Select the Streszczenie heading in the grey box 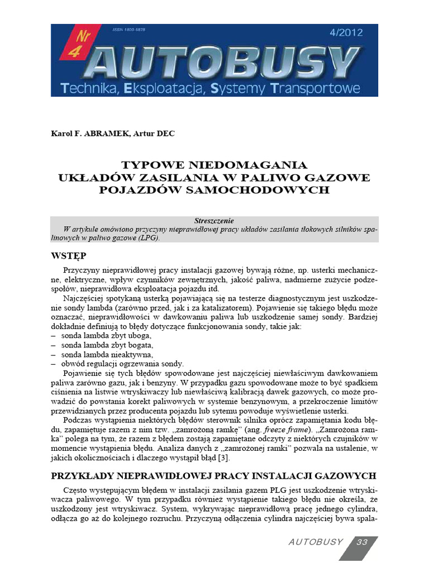[x=214, y=221]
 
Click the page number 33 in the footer [x=362, y=542]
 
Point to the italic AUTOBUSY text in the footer [x=316, y=542]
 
